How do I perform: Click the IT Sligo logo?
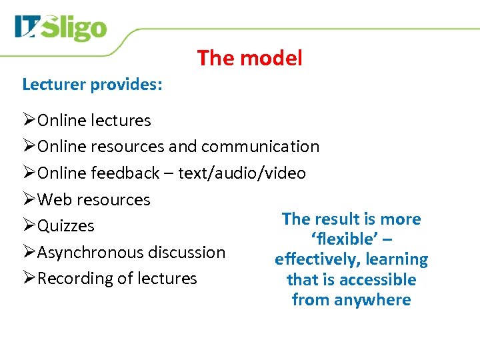pyautogui.click(x=61, y=28)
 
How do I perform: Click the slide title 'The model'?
pyautogui.click(x=249, y=59)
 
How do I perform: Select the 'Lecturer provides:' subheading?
pyautogui.click(x=93, y=85)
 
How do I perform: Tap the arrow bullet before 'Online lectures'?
pyautogui.click(x=29, y=120)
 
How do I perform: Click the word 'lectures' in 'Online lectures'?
pyautogui.click(x=123, y=121)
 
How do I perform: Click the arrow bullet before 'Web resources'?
pyautogui.click(x=29, y=199)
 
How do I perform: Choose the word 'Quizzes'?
pyautogui.click(x=66, y=226)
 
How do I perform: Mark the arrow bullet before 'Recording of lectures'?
pyautogui.click(x=29, y=278)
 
